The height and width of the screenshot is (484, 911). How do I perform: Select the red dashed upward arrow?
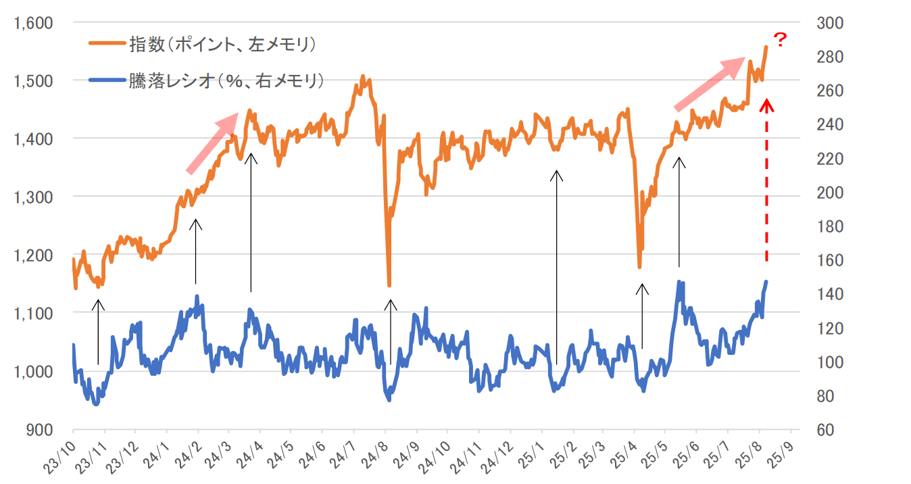point(766,179)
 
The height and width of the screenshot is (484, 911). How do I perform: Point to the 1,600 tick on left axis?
point(33,23)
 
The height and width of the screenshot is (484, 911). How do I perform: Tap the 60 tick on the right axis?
point(826,430)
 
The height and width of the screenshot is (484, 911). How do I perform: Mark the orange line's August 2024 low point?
point(389,285)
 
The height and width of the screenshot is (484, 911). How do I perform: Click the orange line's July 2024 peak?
point(363,76)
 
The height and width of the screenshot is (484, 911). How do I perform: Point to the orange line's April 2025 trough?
point(639,267)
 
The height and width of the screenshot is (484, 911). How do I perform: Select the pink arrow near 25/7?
point(709,84)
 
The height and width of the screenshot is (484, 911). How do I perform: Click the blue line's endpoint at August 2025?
point(766,281)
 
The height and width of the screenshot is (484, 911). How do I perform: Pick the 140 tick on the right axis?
point(829,294)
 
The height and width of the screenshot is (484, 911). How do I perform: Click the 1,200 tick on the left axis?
point(33,255)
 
